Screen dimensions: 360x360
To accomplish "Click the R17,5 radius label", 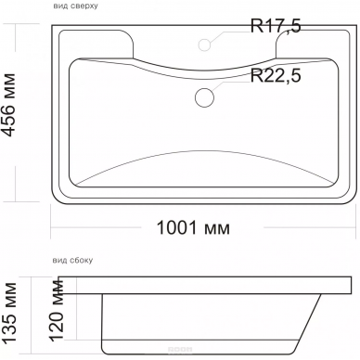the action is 276,26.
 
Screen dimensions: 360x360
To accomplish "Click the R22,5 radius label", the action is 276,75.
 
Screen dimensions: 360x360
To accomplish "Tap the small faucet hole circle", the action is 204,45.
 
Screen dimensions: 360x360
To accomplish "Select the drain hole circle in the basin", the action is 204,97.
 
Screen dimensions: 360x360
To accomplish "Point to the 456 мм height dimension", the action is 8,105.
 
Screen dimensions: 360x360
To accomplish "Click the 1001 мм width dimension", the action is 193,228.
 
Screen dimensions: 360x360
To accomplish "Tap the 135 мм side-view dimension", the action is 9,313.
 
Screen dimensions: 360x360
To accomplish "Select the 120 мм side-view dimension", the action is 57,310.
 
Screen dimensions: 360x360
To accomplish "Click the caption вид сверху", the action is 75,6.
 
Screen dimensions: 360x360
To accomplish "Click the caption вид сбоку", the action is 72,261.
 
